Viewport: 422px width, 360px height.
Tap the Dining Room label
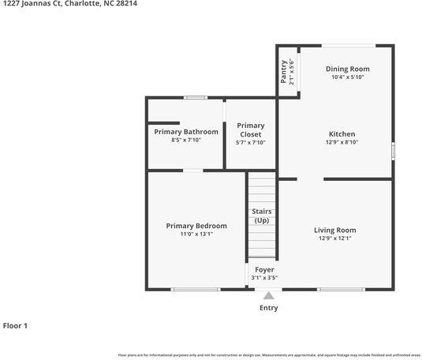[x=347, y=69]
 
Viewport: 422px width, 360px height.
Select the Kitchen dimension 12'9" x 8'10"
[x=342, y=142]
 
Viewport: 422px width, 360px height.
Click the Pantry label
[x=284, y=72]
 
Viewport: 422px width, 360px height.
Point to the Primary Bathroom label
[x=186, y=131]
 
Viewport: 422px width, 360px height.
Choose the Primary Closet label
[x=250, y=129]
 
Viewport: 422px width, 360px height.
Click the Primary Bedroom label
[x=196, y=226]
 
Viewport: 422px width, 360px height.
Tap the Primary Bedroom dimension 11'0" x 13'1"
[x=196, y=234]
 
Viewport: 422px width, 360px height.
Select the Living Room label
[x=334, y=230]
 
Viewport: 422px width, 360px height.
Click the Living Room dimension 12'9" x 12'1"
[x=334, y=238]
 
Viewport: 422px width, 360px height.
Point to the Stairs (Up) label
[x=262, y=216]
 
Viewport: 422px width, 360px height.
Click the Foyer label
[x=264, y=269]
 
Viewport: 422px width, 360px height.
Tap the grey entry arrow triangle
[x=268, y=295]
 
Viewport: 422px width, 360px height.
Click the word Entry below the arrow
[x=268, y=308]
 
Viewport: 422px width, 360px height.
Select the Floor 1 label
[x=15, y=325]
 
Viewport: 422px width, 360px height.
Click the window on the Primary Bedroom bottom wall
[x=195, y=289]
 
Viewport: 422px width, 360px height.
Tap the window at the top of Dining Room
[x=348, y=45]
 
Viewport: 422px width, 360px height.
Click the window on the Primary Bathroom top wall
[x=195, y=97]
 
